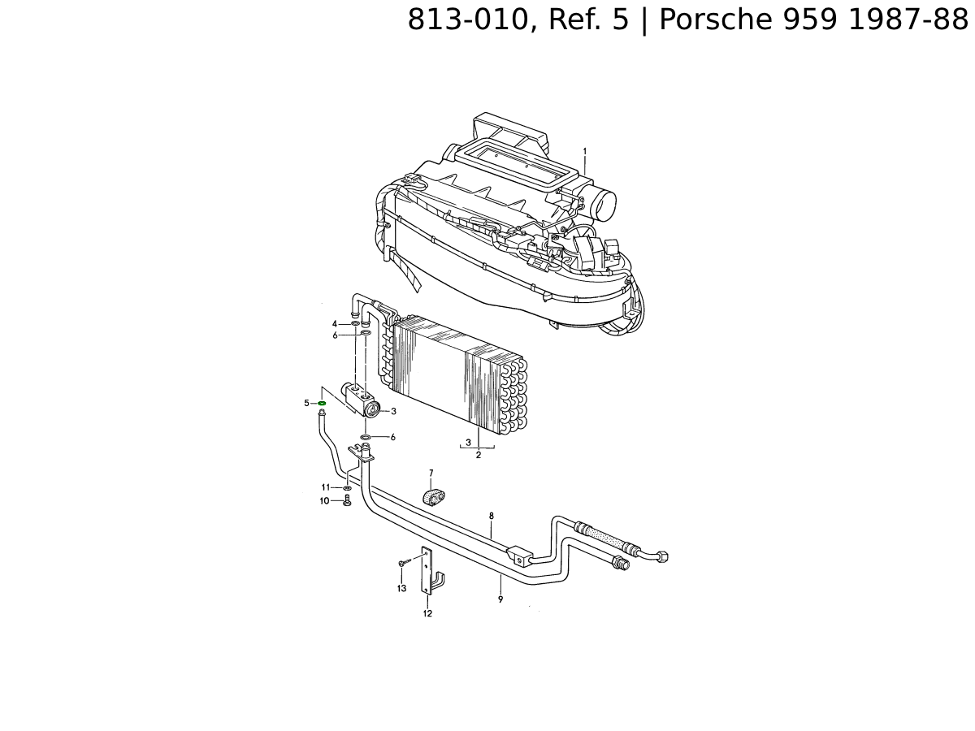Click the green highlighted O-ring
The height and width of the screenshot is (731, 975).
pyautogui.click(x=322, y=403)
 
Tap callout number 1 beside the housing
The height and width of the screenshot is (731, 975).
pyautogui.click(x=584, y=151)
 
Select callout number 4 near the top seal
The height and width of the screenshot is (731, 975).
pyautogui.click(x=335, y=324)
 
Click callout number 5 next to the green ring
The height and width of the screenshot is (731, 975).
pyautogui.click(x=306, y=403)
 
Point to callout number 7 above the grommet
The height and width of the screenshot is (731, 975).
pyautogui.click(x=431, y=474)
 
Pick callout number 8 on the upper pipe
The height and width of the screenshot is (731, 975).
pyautogui.click(x=492, y=516)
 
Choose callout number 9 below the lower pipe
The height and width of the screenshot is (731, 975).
pyautogui.click(x=500, y=599)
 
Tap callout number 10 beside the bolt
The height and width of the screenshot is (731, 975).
pyautogui.click(x=324, y=501)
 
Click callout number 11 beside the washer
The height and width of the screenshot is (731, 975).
pyautogui.click(x=326, y=487)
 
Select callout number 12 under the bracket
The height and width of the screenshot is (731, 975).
pyautogui.click(x=427, y=613)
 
